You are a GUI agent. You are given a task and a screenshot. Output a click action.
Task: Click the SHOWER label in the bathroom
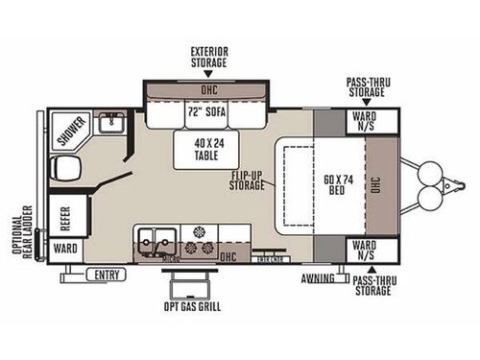(x=69, y=134)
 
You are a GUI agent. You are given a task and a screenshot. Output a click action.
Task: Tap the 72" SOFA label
(x=207, y=112)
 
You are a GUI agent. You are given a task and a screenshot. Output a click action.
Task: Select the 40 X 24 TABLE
(x=207, y=148)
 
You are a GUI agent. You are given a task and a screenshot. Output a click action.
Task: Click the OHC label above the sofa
(x=208, y=92)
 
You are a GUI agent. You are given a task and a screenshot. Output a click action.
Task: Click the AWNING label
(x=316, y=279)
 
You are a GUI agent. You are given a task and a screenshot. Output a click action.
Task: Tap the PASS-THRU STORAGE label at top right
(x=368, y=89)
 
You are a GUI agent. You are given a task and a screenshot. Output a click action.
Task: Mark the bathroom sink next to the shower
(x=111, y=123)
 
